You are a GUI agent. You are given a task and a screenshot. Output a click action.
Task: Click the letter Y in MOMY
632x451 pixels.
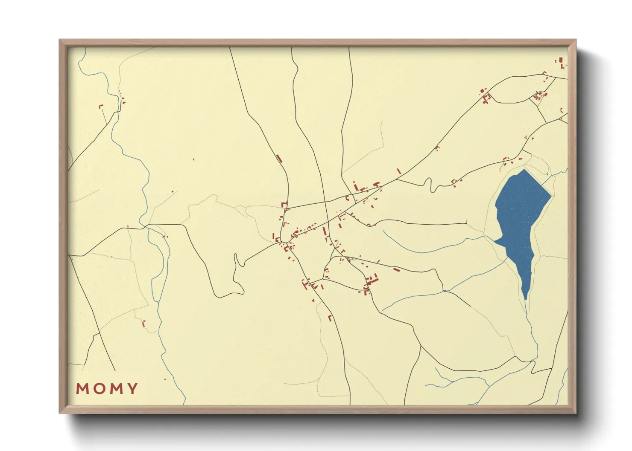point(132,388)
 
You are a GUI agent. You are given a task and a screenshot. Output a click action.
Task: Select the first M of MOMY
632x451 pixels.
point(82,388)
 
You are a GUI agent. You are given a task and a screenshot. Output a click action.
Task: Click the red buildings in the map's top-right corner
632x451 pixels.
point(561,62)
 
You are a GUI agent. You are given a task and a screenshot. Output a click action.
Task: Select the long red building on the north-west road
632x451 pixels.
point(279,159)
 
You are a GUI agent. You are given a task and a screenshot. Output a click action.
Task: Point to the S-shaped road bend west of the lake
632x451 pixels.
point(428,185)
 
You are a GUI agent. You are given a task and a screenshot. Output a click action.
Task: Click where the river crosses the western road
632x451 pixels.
point(144,225)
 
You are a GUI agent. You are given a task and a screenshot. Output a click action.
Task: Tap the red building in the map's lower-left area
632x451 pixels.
point(143,323)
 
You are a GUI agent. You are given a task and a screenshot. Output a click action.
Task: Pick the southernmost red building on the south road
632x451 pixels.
point(330,318)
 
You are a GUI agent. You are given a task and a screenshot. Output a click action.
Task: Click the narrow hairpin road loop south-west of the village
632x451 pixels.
point(236,262)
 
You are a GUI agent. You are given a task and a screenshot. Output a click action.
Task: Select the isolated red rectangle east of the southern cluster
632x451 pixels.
point(396,269)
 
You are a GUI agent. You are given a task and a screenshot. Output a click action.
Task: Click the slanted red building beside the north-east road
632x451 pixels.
point(399,171)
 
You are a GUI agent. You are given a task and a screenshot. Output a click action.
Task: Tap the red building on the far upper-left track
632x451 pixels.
point(101,106)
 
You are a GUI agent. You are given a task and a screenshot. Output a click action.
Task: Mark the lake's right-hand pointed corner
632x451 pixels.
point(551,197)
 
